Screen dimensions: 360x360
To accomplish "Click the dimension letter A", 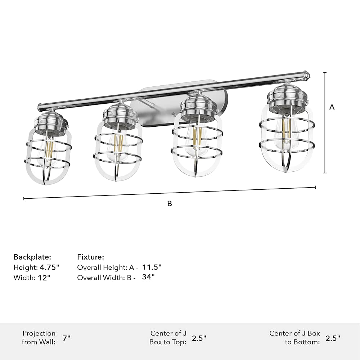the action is pyautogui.click(x=332, y=107).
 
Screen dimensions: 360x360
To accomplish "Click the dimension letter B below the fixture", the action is pyautogui.click(x=170, y=204).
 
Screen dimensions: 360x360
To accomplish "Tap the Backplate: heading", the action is pyautogui.click(x=32, y=257).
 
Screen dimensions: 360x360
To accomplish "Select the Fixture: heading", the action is pyautogui.click(x=90, y=257).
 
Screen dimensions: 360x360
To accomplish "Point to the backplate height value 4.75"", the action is pyautogui.click(x=49, y=267).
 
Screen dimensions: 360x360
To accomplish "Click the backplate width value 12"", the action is pyautogui.click(x=44, y=278).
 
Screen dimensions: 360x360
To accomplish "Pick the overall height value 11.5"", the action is pyautogui.click(x=152, y=267).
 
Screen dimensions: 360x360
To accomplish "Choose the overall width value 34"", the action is pyautogui.click(x=148, y=277).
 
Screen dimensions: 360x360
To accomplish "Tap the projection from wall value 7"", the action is pyautogui.click(x=66, y=338).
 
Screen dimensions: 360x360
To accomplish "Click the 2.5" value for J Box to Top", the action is pyautogui.click(x=199, y=338).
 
